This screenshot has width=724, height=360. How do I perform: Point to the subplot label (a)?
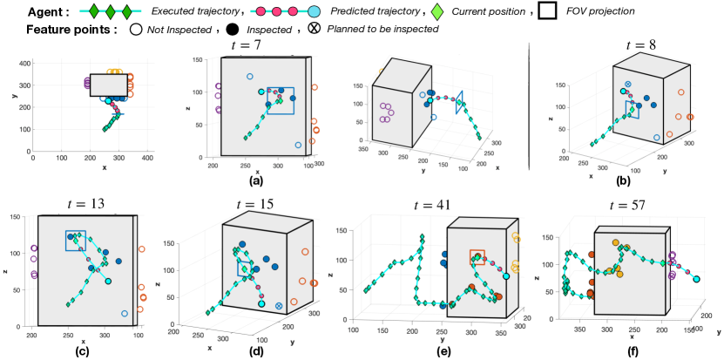pos(257,181)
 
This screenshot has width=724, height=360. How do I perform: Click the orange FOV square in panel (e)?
pos(478,258)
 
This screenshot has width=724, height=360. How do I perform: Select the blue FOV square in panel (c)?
pos(76,240)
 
